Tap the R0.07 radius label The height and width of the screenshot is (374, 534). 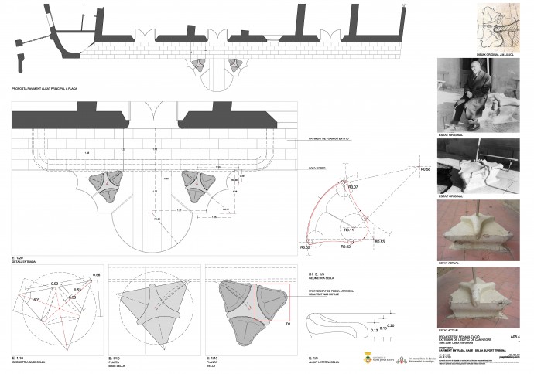click(x=353, y=188)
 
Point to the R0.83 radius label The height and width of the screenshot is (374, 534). click(x=379, y=242)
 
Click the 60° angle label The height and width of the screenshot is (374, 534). click(x=37, y=298)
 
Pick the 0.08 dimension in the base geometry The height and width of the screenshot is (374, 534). click(x=97, y=275)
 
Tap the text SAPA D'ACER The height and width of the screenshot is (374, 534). click(x=309, y=167)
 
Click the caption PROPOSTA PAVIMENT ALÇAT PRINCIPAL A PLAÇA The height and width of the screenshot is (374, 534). click(x=41, y=89)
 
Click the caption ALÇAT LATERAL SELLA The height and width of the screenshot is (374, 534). click(x=323, y=360)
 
